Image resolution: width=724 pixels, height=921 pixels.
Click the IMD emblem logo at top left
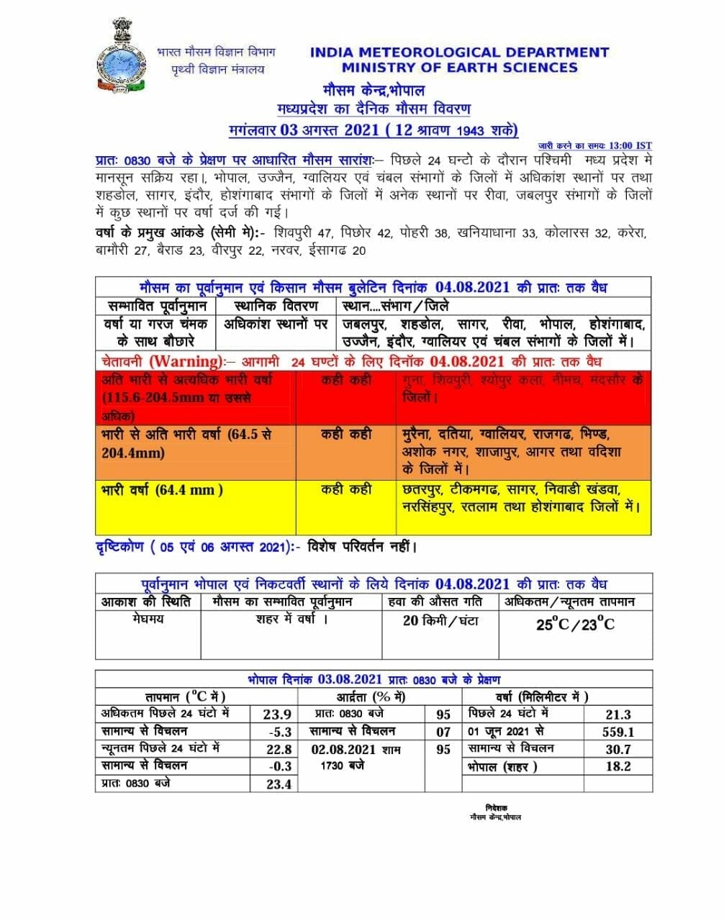[122, 58]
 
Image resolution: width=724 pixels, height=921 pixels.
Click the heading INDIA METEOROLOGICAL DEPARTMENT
[459, 53]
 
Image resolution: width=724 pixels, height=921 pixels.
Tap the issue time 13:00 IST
[630, 145]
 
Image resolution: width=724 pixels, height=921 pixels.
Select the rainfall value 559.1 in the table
[617, 732]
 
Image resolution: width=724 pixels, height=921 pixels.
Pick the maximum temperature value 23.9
[277, 714]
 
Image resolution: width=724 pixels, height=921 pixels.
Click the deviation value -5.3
[279, 732]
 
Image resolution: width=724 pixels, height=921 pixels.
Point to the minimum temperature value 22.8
[279, 749]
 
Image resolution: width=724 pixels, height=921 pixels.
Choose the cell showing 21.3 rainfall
[618, 714]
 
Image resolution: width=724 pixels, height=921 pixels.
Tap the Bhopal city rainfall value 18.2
[618, 766]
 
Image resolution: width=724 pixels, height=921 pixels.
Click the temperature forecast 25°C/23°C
[575, 625]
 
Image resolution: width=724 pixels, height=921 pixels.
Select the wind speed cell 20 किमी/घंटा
[440, 620]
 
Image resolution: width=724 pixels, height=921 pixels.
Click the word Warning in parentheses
[185, 361]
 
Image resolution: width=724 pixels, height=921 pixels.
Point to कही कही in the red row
[346, 380]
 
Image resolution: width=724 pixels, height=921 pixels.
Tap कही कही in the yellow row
[346, 489]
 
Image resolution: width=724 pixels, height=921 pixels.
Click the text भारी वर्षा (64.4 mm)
[163, 490]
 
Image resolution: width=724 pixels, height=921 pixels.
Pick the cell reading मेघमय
[148, 619]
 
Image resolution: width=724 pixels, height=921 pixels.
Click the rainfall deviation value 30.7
[617, 749]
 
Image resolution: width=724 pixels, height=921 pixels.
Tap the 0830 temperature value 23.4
[279, 784]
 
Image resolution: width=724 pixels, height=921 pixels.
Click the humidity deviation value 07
[443, 732]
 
